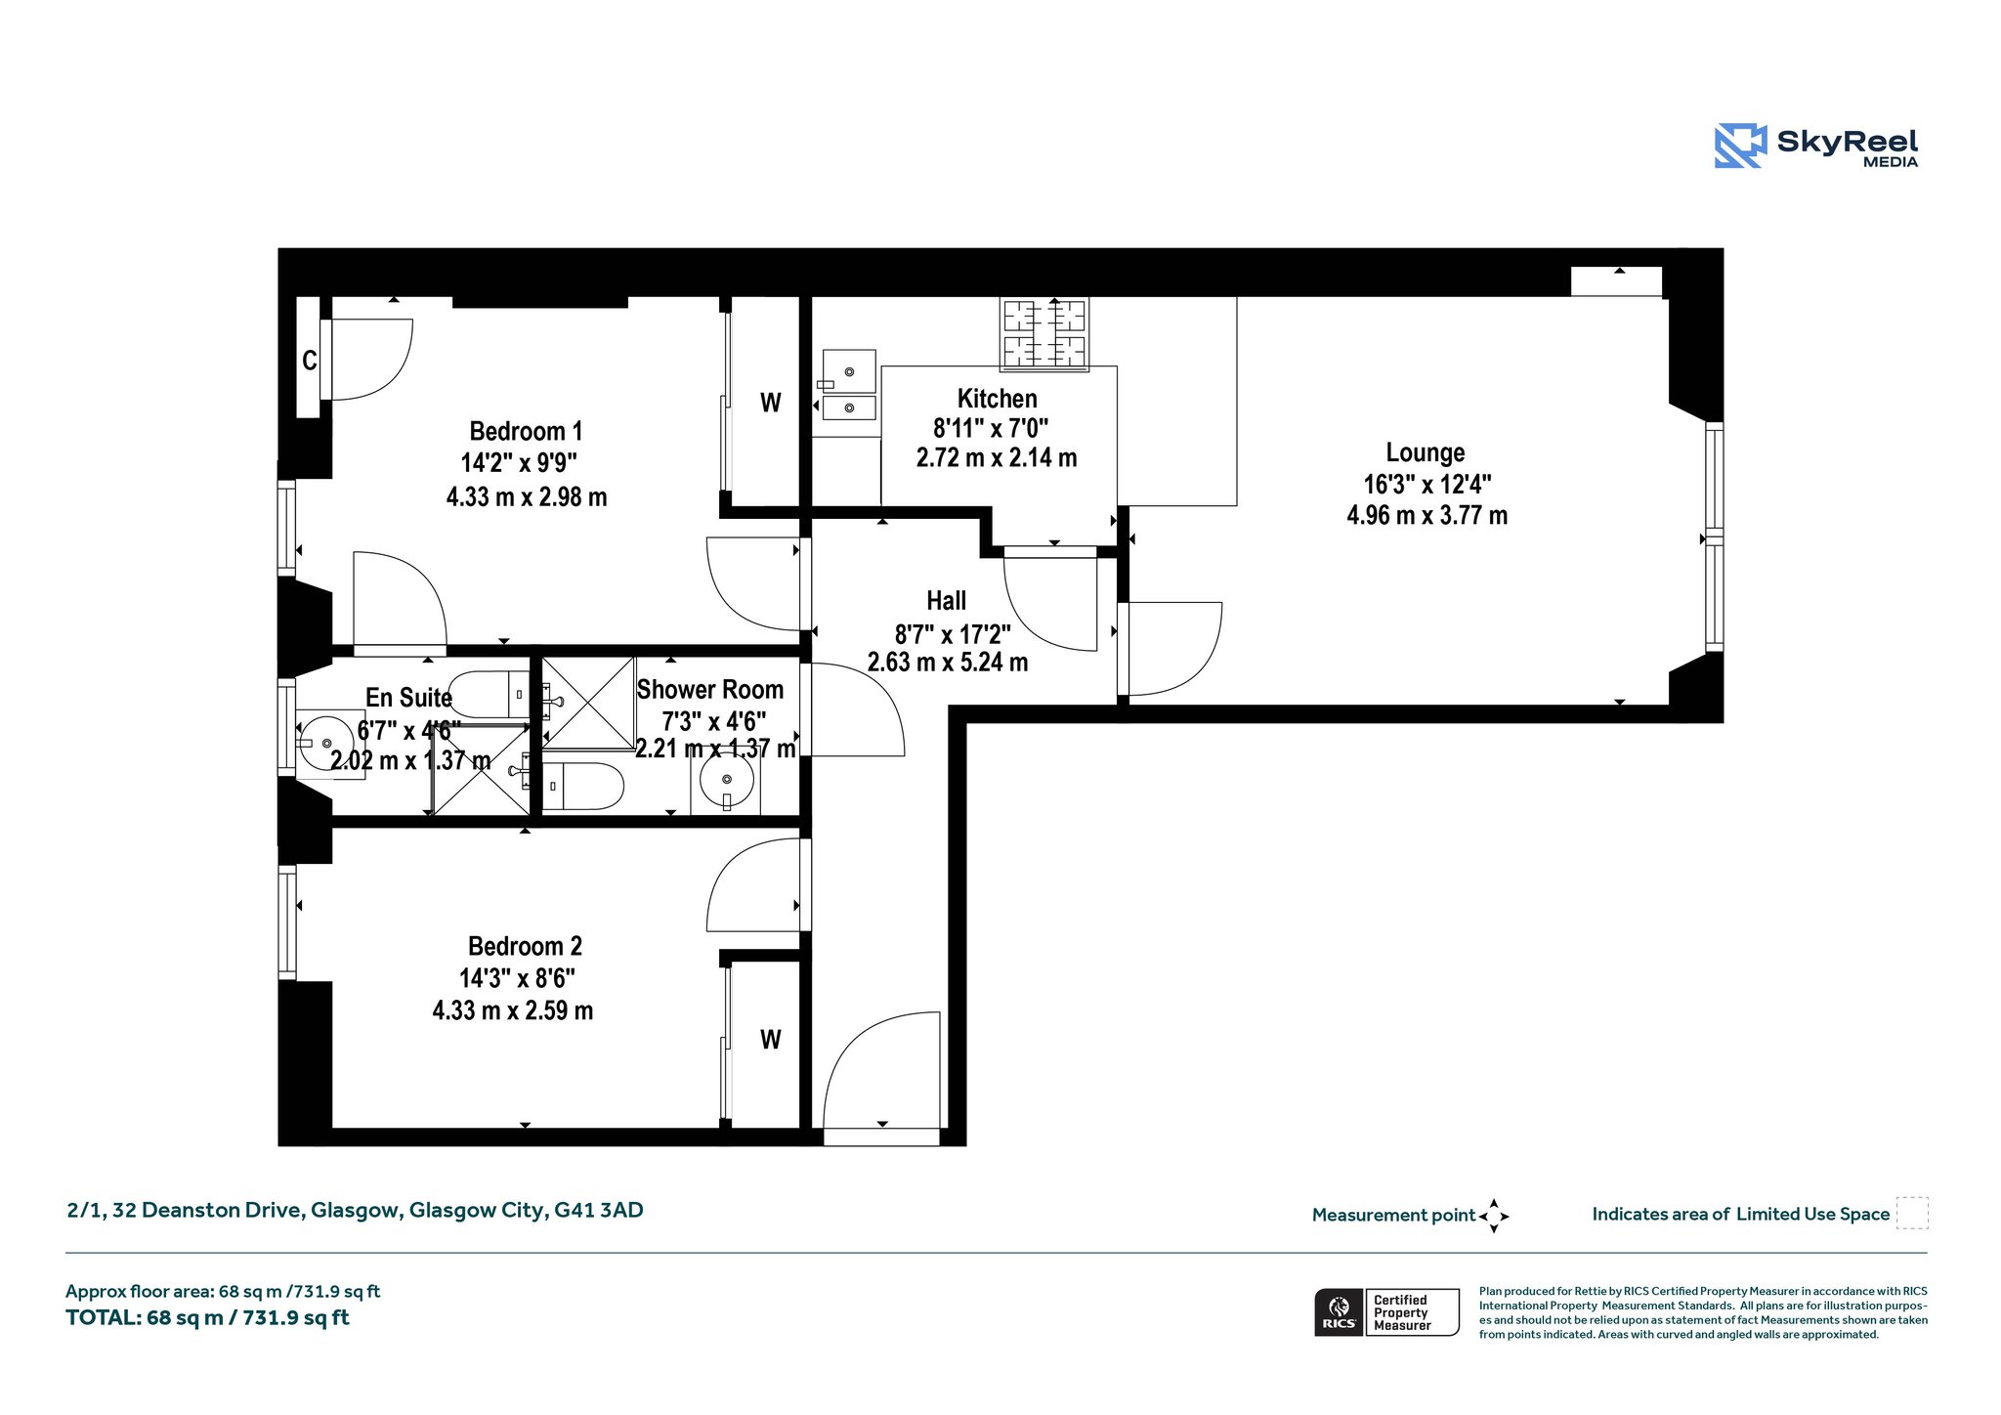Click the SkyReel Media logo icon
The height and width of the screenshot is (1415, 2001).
(x=1740, y=146)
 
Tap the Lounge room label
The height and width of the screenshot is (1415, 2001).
(x=1426, y=452)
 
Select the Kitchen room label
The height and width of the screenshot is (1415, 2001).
(x=997, y=399)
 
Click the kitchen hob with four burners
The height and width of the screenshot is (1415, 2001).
(x=1044, y=333)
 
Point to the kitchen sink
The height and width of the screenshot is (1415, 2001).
(x=848, y=385)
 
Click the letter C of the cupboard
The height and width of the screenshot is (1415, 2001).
(x=309, y=361)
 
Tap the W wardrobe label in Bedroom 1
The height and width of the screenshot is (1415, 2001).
(x=771, y=403)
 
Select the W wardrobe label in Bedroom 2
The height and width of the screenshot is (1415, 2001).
(x=771, y=1040)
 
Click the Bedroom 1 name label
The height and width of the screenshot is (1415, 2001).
(x=526, y=431)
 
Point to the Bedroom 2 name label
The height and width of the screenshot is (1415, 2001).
(x=525, y=946)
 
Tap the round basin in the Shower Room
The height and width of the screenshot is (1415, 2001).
(x=726, y=780)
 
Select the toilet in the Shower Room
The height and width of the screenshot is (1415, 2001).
(x=583, y=787)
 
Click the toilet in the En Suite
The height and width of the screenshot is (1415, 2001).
(x=490, y=695)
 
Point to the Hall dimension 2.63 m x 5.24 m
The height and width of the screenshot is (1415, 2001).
(x=948, y=662)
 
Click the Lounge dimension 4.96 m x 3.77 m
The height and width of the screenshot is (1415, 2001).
(x=1426, y=515)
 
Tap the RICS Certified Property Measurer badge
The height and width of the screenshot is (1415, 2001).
(x=1387, y=1312)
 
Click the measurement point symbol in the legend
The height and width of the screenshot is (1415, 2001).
(x=1494, y=1216)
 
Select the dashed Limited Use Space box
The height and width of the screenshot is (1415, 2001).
(x=1912, y=1213)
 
